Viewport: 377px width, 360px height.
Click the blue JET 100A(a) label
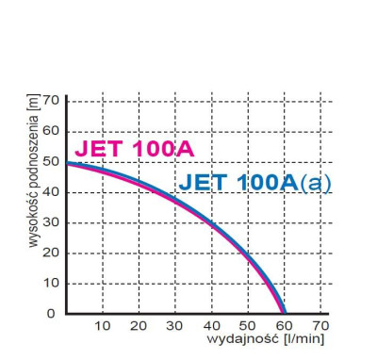tap(254, 182)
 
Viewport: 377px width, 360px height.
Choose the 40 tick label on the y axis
tap(51, 192)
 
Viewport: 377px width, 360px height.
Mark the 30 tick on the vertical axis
tap(51, 222)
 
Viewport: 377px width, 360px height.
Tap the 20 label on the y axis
tap(51, 253)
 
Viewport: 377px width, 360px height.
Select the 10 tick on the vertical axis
tap(51, 283)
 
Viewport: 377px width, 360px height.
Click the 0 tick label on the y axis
tap(54, 313)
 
